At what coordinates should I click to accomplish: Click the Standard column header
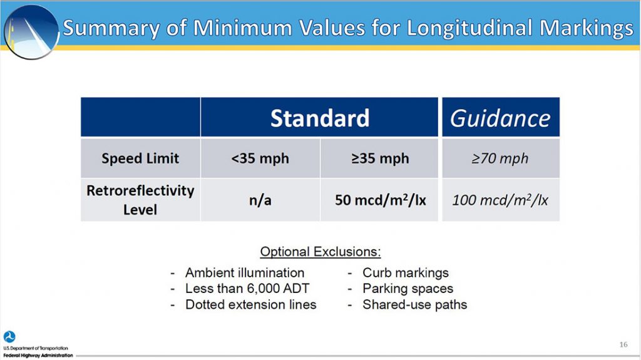[319, 118]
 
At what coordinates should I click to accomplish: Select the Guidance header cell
[500, 118]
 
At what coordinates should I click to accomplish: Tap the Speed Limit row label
[140, 158]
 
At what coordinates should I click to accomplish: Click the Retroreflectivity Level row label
[140, 199]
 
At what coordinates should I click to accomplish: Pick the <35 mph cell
[260, 158]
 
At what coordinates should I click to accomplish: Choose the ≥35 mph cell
[379, 158]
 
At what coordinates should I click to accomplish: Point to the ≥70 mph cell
[500, 158]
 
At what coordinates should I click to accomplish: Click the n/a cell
[260, 200]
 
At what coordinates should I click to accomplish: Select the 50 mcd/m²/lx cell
[379, 200]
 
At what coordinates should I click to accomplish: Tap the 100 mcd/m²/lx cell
[500, 200]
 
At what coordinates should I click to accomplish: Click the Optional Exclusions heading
[320, 252]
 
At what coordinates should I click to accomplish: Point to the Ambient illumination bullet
[244, 273]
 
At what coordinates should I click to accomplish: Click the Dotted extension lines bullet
[250, 305]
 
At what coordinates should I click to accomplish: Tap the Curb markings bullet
[405, 273]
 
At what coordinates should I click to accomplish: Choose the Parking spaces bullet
[408, 289]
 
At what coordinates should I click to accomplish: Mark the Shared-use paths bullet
[414, 305]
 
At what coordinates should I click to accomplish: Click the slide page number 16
[623, 344]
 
